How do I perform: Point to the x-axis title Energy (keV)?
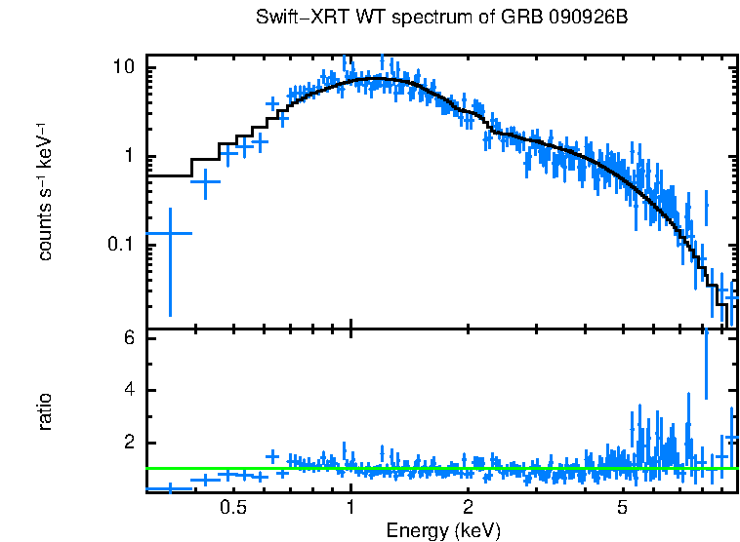(x=443, y=530)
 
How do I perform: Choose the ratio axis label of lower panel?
(x=45, y=411)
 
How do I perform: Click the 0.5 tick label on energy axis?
(x=232, y=508)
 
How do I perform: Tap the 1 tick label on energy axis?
(x=350, y=508)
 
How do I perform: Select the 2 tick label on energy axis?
(x=469, y=508)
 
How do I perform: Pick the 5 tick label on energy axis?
(x=622, y=508)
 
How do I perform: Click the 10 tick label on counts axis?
(x=123, y=68)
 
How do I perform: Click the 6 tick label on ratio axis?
(x=128, y=337)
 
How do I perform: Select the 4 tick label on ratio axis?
(x=128, y=390)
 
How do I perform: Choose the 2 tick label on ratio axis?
(x=128, y=443)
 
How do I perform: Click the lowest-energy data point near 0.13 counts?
(x=170, y=234)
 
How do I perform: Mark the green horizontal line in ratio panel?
(x=439, y=469)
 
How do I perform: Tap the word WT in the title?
(x=350, y=19)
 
